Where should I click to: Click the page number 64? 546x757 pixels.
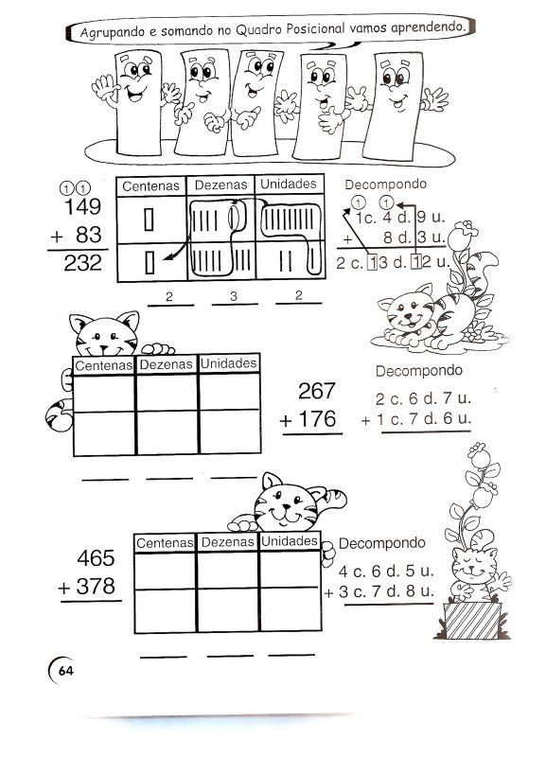pos(65,671)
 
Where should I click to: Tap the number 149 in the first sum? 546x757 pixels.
pos(82,206)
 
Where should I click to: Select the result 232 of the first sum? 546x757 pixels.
pos(82,263)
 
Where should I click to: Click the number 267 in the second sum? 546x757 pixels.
pos(317,391)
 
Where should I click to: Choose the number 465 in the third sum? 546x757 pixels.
pos(97,558)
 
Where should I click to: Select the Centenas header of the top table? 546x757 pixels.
pos(150,185)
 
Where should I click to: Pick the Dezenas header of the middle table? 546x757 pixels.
pos(166,364)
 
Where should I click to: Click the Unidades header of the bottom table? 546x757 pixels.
pos(290,541)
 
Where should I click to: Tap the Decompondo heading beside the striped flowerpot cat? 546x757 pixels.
pos(382,543)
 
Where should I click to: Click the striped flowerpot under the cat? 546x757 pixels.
pos(472,621)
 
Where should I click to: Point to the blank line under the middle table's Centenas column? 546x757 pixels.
pos(105,480)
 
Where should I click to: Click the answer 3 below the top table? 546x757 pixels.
pos(234,296)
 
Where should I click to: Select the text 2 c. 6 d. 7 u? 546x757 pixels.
pos(423,398)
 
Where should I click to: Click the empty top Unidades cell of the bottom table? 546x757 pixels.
pos(290,570)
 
